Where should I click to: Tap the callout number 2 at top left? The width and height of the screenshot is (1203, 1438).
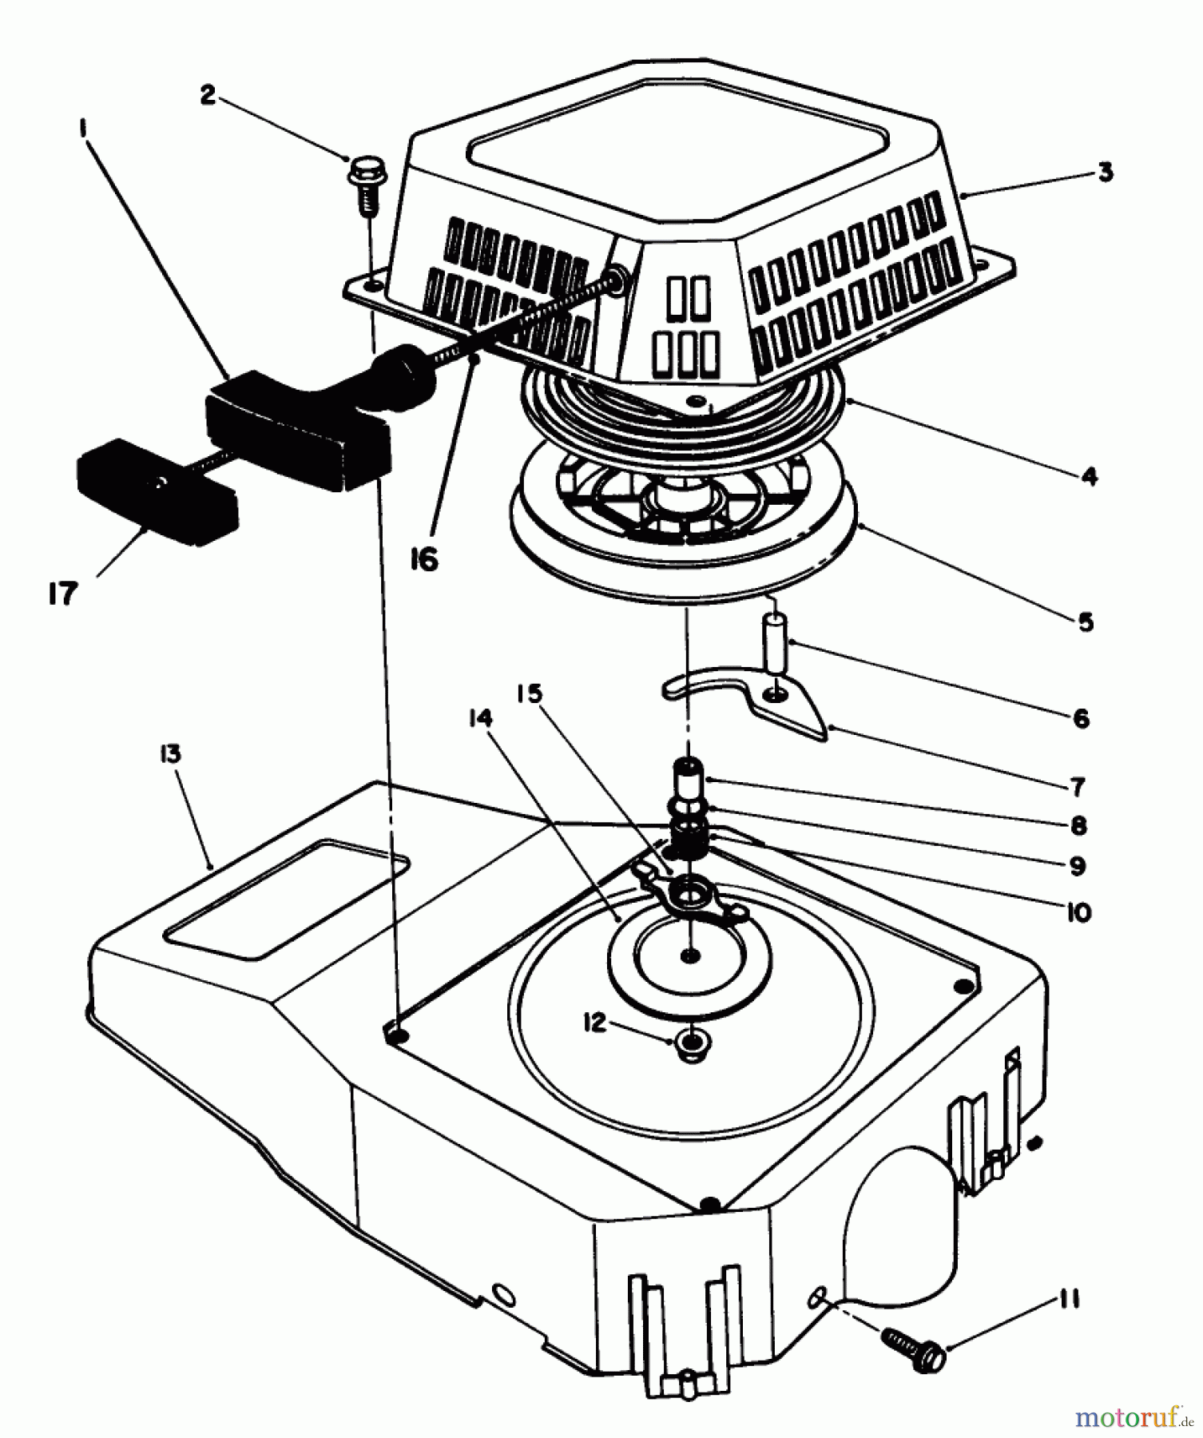208,95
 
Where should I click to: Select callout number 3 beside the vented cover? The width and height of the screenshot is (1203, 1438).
1105,172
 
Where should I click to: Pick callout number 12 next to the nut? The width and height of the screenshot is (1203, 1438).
595,1023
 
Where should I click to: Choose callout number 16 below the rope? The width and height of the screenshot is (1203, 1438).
424,560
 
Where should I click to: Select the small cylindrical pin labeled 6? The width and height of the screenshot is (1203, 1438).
775,642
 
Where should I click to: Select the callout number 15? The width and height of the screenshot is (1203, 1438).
529,693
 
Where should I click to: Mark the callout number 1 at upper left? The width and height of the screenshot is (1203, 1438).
82,126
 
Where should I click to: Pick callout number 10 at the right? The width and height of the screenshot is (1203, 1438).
1078,912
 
